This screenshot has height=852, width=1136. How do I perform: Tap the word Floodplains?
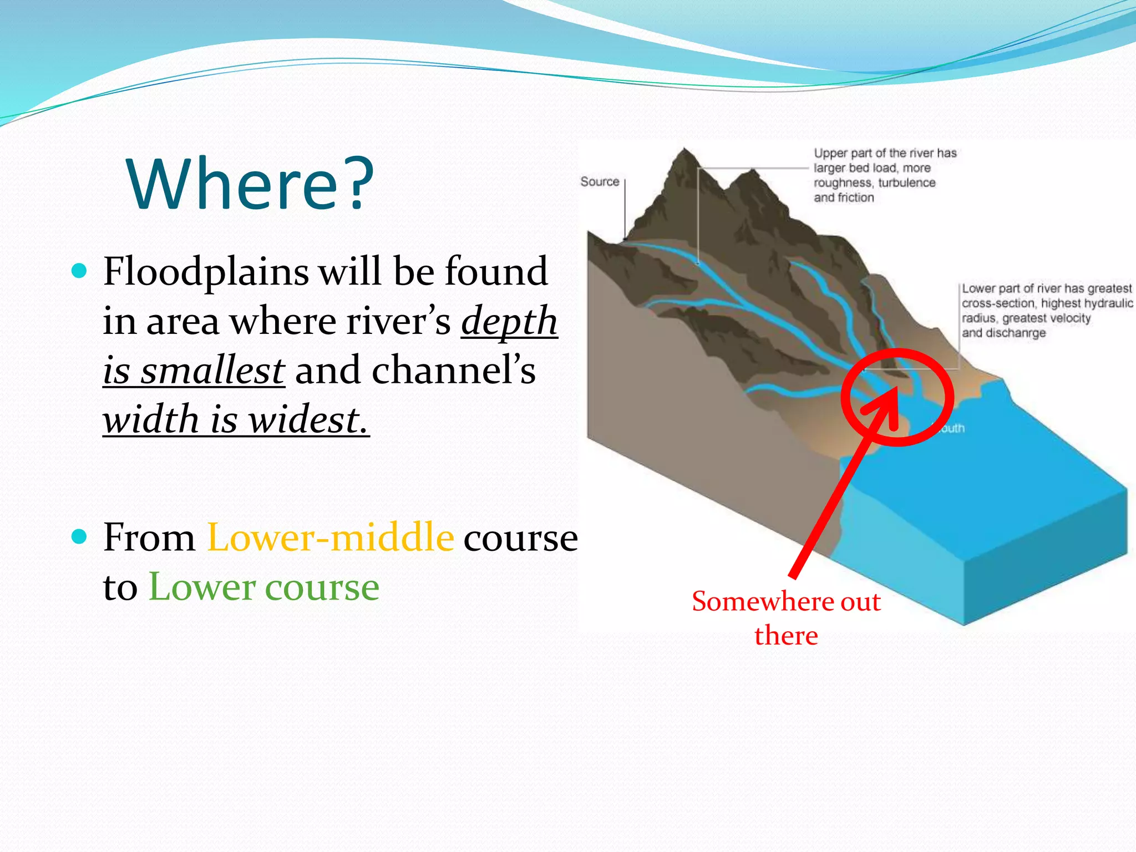pyautogui.click(x=206, y=272)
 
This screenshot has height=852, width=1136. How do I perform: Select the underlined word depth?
pyautogui.click(x=509, y=322)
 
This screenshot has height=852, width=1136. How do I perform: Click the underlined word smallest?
pyautogui.click(x=212, y=371)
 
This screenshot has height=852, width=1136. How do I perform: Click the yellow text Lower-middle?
pyautogui.click(x=331, y=537)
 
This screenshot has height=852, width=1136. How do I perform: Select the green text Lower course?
pyautogui.click(x=264, y=587)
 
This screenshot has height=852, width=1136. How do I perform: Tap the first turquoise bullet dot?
pyautogui.click(x=80, y=271)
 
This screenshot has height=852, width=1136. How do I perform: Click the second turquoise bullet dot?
pyautogui.click(x=80, y=536)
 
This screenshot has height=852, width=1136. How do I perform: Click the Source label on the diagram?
pyautogui.click(x=600, y=182)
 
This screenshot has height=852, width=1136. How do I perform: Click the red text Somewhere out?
pyautogui.click(x=786, y=602)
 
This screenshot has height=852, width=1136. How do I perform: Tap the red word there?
pyautogui.click(x=786, y=636)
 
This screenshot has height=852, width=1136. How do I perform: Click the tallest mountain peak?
pyautogui.click(x=684, y=151)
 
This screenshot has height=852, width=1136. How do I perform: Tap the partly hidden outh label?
pyautogui.click(x=952, y=428)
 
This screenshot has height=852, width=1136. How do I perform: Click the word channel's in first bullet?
pyautogui.click(x=454, y=371)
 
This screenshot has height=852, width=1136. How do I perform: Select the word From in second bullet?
pyautogui.click(x=149, y=537)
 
